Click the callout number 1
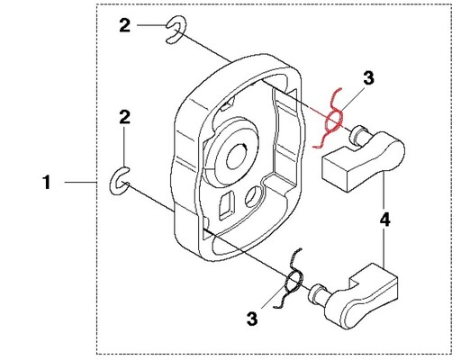pos(47,183)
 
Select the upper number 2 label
pos(125,25)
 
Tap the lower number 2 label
pos(125,117)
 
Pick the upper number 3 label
pos(368,77)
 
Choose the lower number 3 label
pos(252,319)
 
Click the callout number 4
pos(385,220)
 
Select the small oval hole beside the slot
pos(253,196)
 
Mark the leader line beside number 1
pos(80,182)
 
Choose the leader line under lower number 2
pos(124,147)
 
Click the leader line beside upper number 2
pos(152,25)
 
